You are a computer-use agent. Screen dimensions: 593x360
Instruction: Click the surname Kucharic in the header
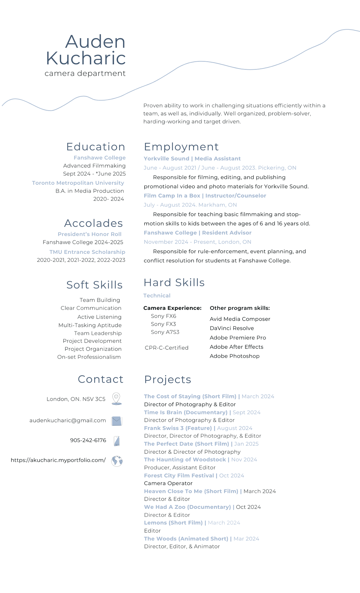tap(86, 58)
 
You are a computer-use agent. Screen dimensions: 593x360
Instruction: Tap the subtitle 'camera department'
tap(85, 73)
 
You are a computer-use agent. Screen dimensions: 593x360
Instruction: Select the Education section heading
tap(96, 147)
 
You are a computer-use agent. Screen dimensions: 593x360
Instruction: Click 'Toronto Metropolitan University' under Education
tap(78, 183)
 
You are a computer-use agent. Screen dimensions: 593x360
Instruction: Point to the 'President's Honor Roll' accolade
tap(89, 234)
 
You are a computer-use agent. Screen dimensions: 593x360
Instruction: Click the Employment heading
tap(181, 147)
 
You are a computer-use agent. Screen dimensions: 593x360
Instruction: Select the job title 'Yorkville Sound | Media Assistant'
tap(192, 159)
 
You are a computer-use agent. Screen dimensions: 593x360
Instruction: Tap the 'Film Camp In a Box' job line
tap(205, 196)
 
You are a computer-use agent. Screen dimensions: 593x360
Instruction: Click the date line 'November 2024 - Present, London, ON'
tap(197, 242)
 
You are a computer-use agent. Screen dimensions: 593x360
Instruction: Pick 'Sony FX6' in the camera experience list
tap(163, 316)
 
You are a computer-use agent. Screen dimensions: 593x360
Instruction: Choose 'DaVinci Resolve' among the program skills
tap(232, 328)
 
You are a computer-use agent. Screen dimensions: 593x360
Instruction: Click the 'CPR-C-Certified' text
tap(166, 348)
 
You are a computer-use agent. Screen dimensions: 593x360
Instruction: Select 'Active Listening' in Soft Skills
tap(99, 317)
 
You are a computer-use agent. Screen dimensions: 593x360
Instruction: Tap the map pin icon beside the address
tap(116, 399)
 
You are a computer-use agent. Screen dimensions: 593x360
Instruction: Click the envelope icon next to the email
tap(116, 421)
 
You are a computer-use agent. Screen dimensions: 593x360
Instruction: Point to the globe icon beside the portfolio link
tap(117, 461)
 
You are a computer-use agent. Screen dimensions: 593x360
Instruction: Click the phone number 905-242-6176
tap(88, 440)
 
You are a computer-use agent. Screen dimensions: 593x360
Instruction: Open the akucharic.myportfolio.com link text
tap(58, 460)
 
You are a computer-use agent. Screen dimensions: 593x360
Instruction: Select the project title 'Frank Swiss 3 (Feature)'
tap(178, 428)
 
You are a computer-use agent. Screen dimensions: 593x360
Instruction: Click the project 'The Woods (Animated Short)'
tap(186, 539)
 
